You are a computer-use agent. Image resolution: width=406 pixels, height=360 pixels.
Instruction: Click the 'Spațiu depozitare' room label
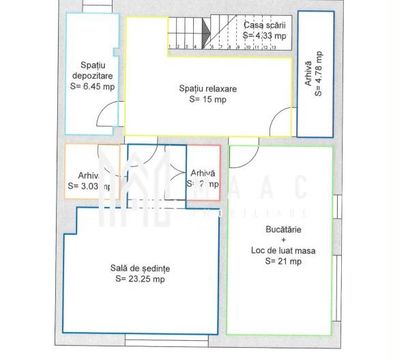[x=92, y=70]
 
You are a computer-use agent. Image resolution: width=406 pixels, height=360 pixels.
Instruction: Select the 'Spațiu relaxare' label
[x=208, y=89]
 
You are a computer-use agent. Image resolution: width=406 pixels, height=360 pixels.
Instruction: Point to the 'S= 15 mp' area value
[x=208, y=100]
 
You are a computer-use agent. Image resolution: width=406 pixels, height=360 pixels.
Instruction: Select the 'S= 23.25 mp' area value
[x=140, y=279]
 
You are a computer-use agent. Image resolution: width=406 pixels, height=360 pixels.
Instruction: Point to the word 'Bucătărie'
[x=282, y=230]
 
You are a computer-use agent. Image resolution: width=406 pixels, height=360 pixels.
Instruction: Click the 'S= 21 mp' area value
[x=282, y=261]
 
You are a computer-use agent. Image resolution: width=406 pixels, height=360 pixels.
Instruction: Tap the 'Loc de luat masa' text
[x=282, y=251]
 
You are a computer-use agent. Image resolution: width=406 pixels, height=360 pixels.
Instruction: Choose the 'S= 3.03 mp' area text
[x=90, y=185]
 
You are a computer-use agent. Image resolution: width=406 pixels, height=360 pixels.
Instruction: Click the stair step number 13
[x=273, y=48]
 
